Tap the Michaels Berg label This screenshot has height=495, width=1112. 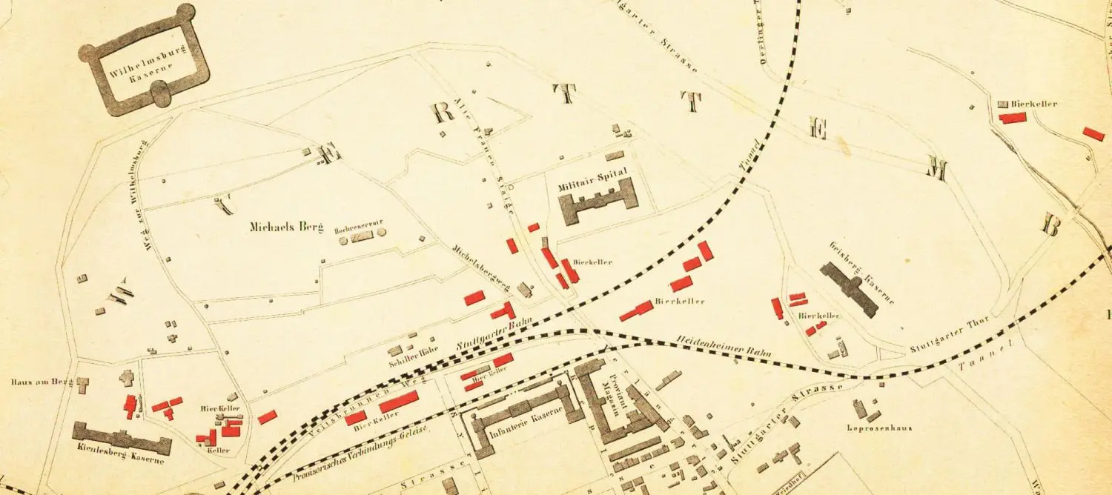288,227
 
